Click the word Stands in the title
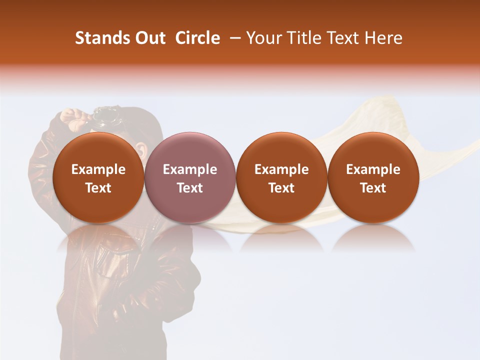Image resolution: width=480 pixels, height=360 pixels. coord(99,38)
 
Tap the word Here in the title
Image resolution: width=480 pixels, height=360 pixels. coord(385,38)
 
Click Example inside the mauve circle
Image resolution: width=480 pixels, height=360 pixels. coord(190,169)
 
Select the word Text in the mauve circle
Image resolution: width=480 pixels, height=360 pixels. coord(190,188)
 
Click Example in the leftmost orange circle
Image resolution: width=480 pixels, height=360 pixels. coord(98,169)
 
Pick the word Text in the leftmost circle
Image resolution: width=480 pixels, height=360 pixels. coord(98,188)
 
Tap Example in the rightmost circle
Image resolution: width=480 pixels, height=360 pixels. coord(373,169)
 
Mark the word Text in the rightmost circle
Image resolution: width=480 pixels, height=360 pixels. coord(373,188)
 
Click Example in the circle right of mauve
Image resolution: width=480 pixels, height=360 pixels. coord(281,169)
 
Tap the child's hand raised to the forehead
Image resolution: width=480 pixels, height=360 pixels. coord(75,118)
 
